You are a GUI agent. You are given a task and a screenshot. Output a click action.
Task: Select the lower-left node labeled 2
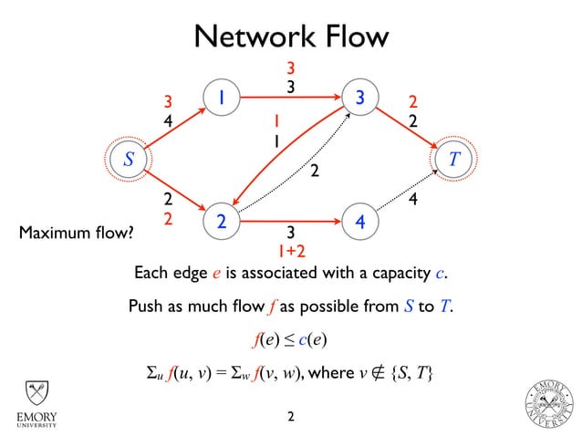[x=221, y=222]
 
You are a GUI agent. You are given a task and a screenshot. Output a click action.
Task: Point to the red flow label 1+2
[x=290, y=249]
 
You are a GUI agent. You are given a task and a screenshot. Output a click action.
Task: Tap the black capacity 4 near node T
[x=413, y=198]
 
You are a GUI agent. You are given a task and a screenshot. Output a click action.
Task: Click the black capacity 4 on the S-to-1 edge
[x=167, y=119]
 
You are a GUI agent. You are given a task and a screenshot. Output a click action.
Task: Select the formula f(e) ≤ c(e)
[x=290, y=340]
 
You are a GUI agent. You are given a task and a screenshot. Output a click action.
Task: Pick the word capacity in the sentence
[x=400, y=274]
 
